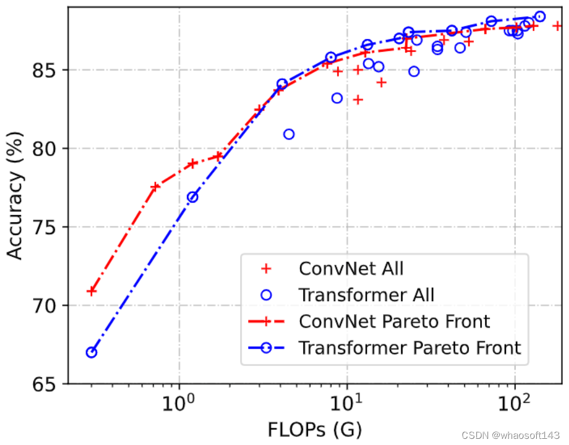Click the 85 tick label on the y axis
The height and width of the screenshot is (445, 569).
44,70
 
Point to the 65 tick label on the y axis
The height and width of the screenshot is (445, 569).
44,384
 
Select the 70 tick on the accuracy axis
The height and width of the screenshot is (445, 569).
44,306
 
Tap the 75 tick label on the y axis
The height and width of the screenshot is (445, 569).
44,228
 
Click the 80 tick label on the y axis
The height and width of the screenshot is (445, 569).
44,149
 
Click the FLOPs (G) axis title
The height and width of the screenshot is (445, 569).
314,428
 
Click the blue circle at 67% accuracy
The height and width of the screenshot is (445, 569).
91,352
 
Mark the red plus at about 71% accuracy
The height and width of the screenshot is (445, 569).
92,291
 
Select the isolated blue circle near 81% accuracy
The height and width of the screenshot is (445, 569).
289,134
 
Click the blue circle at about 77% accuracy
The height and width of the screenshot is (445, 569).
193,197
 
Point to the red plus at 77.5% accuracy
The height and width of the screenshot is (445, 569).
154,187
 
